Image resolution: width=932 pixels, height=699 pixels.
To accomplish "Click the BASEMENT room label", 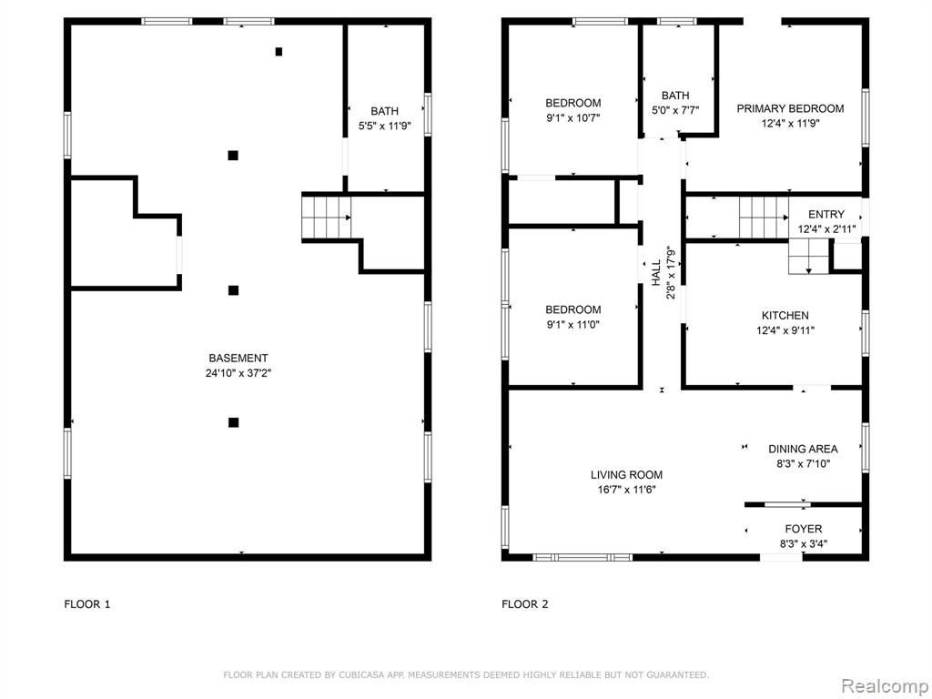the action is [x=238, y=358].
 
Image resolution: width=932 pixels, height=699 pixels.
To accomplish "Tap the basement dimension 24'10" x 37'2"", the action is [x=238, y=373].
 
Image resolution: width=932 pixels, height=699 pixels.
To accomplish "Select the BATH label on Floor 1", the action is [x=385, y=111].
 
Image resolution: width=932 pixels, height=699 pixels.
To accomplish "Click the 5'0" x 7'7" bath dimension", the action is [x=675, y=110].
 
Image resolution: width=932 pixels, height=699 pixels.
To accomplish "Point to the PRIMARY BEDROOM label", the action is [x=790, y=109].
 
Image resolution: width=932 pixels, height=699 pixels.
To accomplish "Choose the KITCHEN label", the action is [x=785, y=316].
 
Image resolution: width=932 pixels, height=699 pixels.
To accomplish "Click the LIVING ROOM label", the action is [x=626, y=475].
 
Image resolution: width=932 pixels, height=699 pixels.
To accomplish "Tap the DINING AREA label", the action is [x=803, y=450].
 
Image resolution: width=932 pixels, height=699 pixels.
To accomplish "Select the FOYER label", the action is [x=803, y=529].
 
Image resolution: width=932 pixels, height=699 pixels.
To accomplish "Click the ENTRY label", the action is [x=826, y=215].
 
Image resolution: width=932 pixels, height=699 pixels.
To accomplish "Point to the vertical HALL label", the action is [x=655, y=273].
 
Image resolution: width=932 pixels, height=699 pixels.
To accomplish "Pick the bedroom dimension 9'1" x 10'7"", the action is [x=573, y=117].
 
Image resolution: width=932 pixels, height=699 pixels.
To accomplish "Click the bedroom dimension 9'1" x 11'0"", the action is [x=573, y=325].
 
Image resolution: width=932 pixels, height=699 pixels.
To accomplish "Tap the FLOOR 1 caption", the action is [x=87, y=604].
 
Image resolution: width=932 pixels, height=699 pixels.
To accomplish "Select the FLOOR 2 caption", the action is [x=525, y=604].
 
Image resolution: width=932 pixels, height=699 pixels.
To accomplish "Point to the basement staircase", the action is [x=326, y=218].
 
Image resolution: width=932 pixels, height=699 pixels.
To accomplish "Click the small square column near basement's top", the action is [x=279, y=52].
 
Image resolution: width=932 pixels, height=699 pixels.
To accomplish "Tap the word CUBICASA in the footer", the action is [x=362, y=675].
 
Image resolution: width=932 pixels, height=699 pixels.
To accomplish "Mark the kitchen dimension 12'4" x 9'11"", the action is [x=785, y=330].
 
